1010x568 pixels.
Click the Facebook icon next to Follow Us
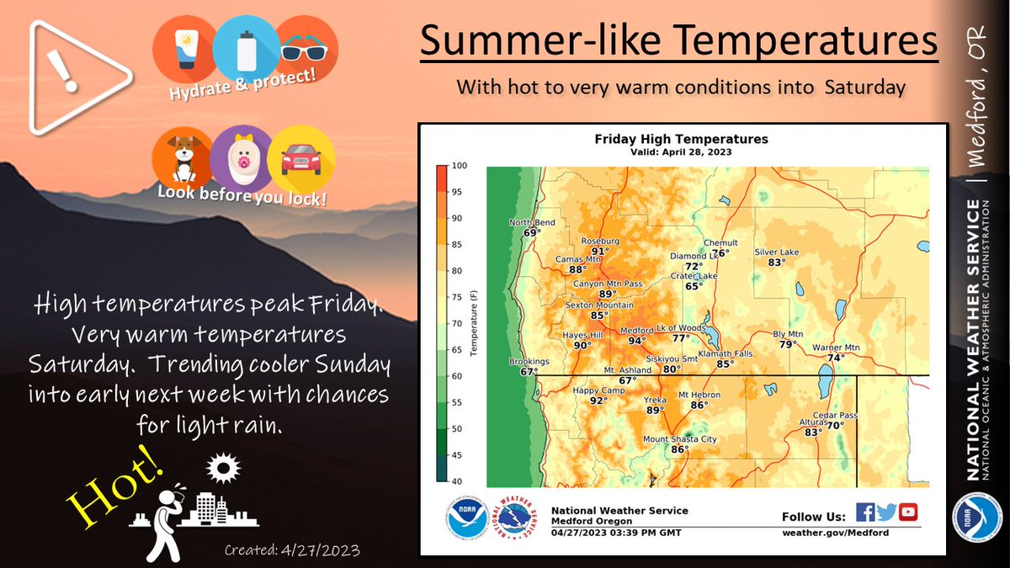point(864,512)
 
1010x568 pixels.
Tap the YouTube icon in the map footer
point(907,512)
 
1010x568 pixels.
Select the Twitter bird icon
point(886,512)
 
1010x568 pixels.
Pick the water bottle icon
point(246,48)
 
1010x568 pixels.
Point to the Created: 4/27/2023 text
point(292,550)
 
